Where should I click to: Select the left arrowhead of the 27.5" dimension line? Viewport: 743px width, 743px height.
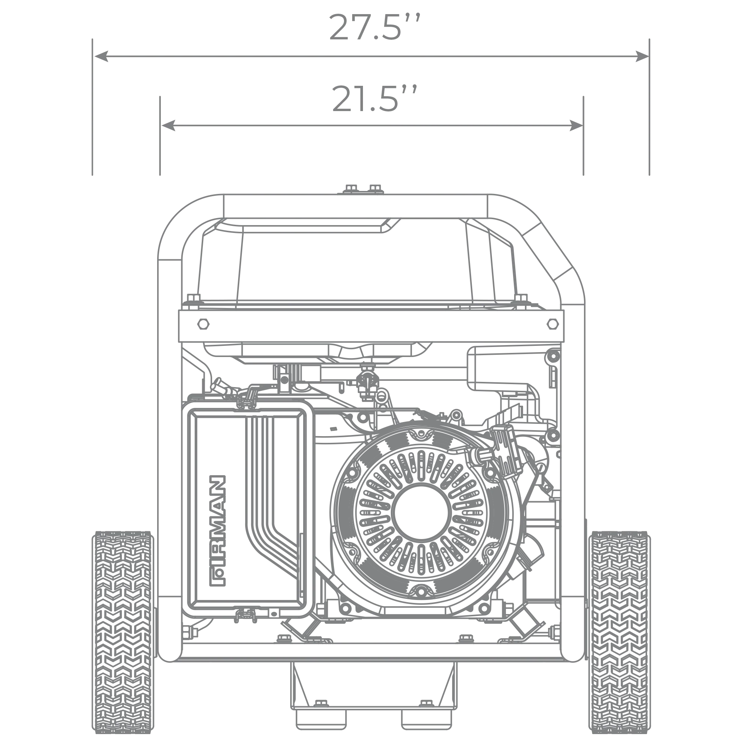coord(103,56)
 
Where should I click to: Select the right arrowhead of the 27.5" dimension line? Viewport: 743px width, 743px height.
coord(638,56)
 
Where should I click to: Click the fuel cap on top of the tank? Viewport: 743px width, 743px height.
coord(360,189)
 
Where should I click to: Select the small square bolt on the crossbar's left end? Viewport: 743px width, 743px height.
coord(203,324)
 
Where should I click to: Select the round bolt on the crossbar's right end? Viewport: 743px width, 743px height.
coord(553,324)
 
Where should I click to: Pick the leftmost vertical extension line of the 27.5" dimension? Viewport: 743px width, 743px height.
coord(92,108)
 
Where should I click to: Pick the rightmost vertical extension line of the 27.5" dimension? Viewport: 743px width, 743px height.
coord(649,108)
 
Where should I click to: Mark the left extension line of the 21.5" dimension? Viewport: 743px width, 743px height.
coord(160,139)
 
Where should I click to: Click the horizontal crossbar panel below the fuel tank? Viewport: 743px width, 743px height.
coord(369,325)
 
